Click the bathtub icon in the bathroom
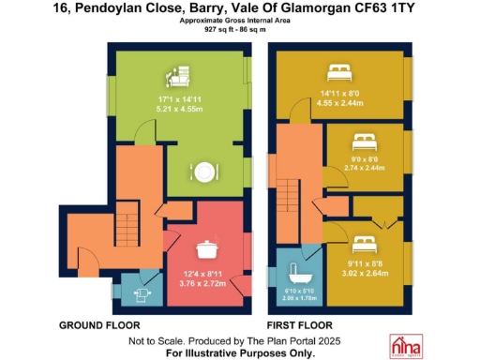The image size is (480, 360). click(x=300, y=272)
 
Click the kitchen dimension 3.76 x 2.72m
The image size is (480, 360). click(x=202, y=282)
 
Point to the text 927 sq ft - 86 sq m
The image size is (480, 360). click(x=240, y=29)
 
